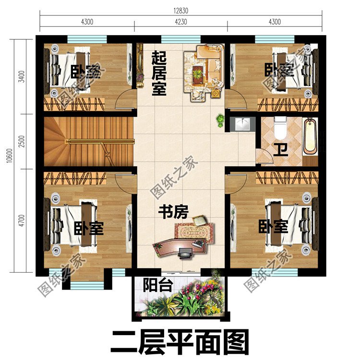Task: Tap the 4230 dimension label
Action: tap(181, 22)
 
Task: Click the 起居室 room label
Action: tap(159, 74)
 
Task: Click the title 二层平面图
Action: tap(180, 342)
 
